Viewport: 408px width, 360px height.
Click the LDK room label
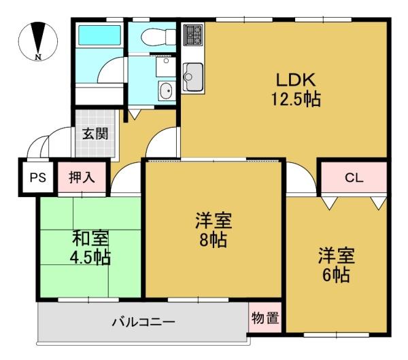296,79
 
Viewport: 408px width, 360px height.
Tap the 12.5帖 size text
296,99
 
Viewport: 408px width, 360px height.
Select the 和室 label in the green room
90,238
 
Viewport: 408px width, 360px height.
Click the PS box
38,178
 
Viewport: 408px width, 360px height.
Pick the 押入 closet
82,177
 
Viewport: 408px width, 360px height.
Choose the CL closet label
354,178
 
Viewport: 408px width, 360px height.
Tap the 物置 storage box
265,317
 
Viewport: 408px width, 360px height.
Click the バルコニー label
143,323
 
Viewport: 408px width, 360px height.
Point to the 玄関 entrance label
95,134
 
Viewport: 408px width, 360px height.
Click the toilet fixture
158,37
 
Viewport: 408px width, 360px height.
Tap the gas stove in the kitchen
193,35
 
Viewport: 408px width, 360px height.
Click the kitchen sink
193,77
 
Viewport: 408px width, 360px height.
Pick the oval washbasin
166,91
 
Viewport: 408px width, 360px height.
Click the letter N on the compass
38,57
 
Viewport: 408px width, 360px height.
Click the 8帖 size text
213,240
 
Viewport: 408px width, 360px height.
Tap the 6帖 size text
336,275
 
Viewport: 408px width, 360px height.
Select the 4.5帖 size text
90,257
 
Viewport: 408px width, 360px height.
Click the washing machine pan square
166,67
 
